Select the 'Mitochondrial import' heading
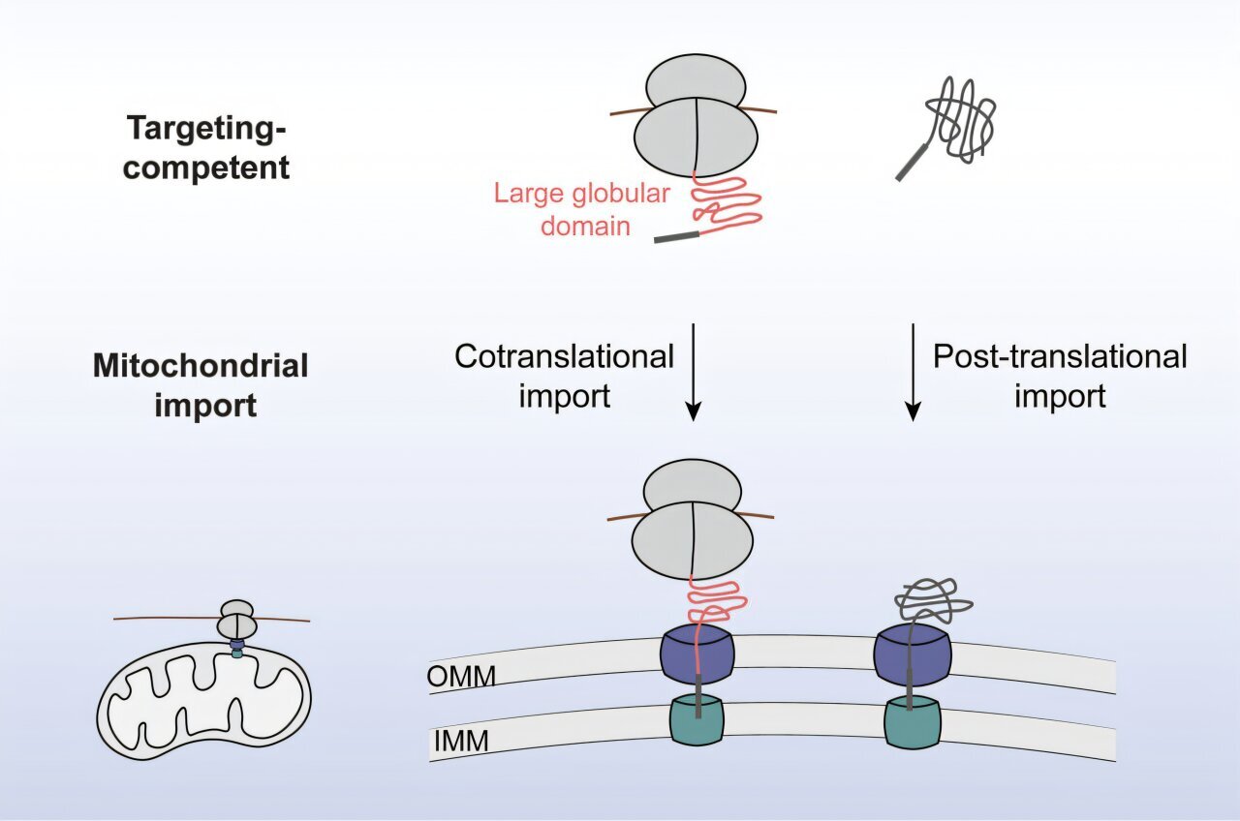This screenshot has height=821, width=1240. click(x=201, y=383)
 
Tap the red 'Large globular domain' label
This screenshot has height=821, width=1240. click(x=580, y=209)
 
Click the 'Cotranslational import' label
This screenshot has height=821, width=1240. click(x=564, y=376)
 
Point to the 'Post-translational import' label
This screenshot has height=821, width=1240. click(x=1060, y=376)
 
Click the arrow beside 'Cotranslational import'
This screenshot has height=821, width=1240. click(x=693, y=373)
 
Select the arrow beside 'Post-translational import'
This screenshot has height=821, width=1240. click(x=912, y=373)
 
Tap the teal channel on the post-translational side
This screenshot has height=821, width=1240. click(x=913, y=720)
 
